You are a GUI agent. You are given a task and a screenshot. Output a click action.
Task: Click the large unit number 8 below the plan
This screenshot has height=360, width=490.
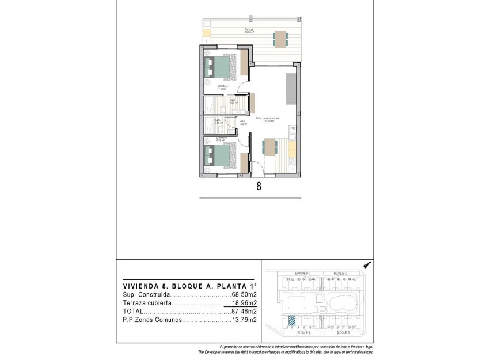[x=259, y=186]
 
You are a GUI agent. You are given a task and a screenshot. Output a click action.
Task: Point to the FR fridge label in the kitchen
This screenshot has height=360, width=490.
[x=293, y=128]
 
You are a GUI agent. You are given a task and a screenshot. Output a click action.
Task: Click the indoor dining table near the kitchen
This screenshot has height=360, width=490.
[x=269, y=147]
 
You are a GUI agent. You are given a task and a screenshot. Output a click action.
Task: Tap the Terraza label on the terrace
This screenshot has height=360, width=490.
[x=249, y=29]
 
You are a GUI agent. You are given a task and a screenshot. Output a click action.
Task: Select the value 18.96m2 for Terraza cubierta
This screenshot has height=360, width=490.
[x=244, y=302]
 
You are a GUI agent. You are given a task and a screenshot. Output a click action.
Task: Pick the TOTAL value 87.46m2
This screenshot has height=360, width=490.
[x=244, y=311]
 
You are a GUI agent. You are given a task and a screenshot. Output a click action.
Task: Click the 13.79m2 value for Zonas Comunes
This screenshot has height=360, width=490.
[x=244, y=319]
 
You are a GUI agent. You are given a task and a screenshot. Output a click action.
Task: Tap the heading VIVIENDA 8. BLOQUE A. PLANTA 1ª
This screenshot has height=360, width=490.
[x=189, y=285]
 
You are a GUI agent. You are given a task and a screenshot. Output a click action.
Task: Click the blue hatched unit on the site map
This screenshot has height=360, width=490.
[x=292, y=321]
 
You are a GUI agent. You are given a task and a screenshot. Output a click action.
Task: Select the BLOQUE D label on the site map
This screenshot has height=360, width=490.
[x=302, y=272]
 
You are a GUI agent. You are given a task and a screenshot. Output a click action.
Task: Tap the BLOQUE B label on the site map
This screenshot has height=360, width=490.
[x=341, y=333]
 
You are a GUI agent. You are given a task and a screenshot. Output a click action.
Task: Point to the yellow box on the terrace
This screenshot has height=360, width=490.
[x=207, y=33]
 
